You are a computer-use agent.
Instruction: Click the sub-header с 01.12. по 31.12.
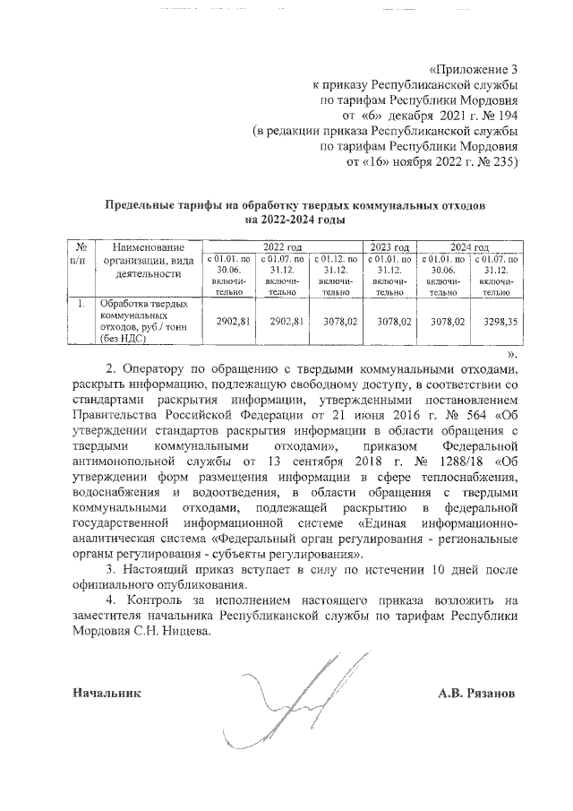tap(336, 275)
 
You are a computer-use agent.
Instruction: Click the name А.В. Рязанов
tap(477, 693)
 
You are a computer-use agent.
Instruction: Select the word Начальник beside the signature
tap(107, 693)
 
